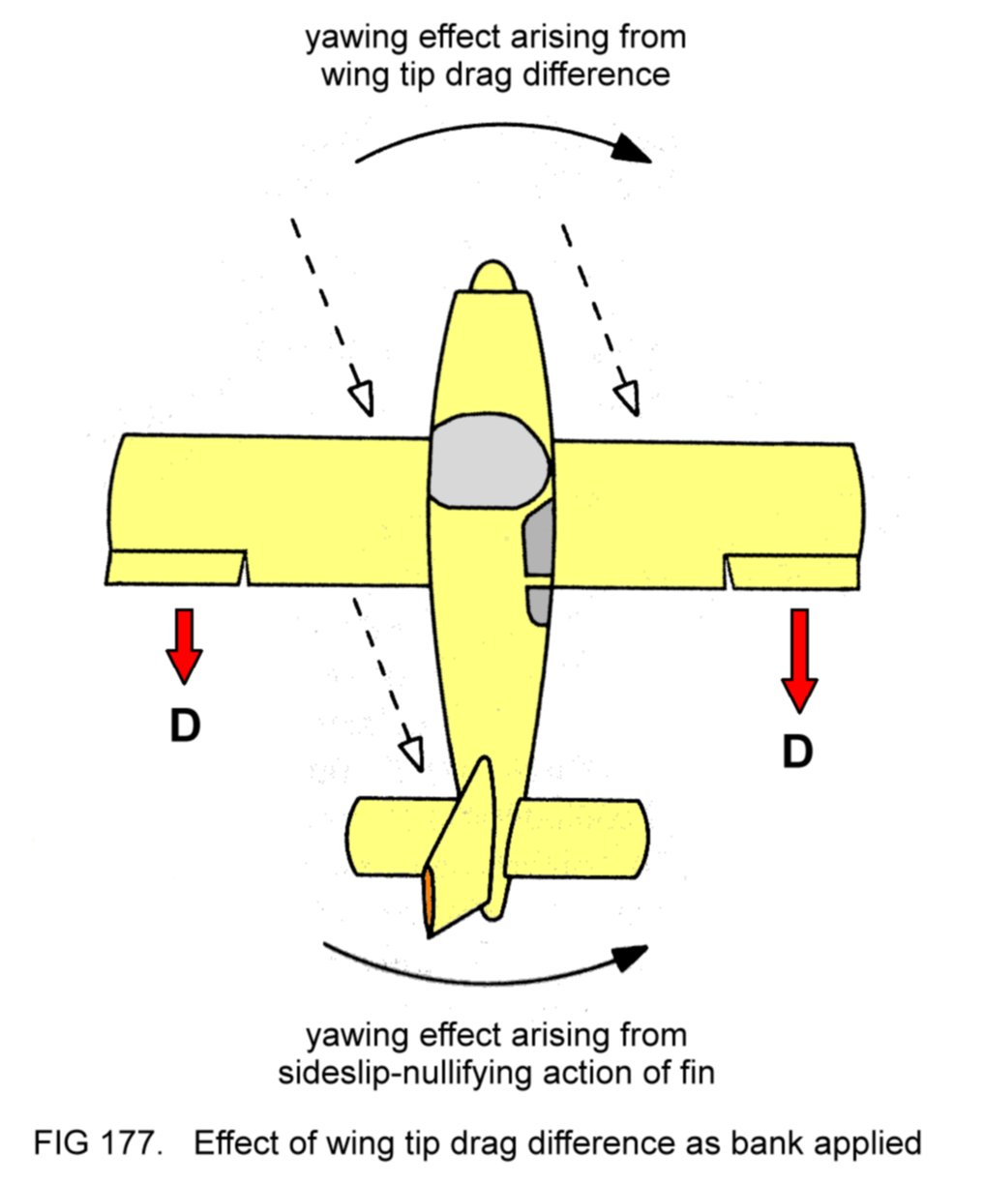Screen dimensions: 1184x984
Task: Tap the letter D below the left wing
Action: pyautogui.click(x=185, y=725)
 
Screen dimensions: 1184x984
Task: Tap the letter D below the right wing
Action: pyautogui.click(x=797, y=752)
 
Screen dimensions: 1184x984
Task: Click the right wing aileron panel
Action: pyautogui.click(x=792, y=572)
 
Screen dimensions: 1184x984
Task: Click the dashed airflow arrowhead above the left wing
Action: pyautogui.click(x=362, y=399)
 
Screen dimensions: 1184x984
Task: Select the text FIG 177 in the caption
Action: pyautogui.click(x=95, y=1143)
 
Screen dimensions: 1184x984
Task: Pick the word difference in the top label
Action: pyautogui.click(x=594, y=74)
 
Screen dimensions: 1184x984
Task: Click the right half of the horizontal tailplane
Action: pyautogui.click(x=581, y=836)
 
